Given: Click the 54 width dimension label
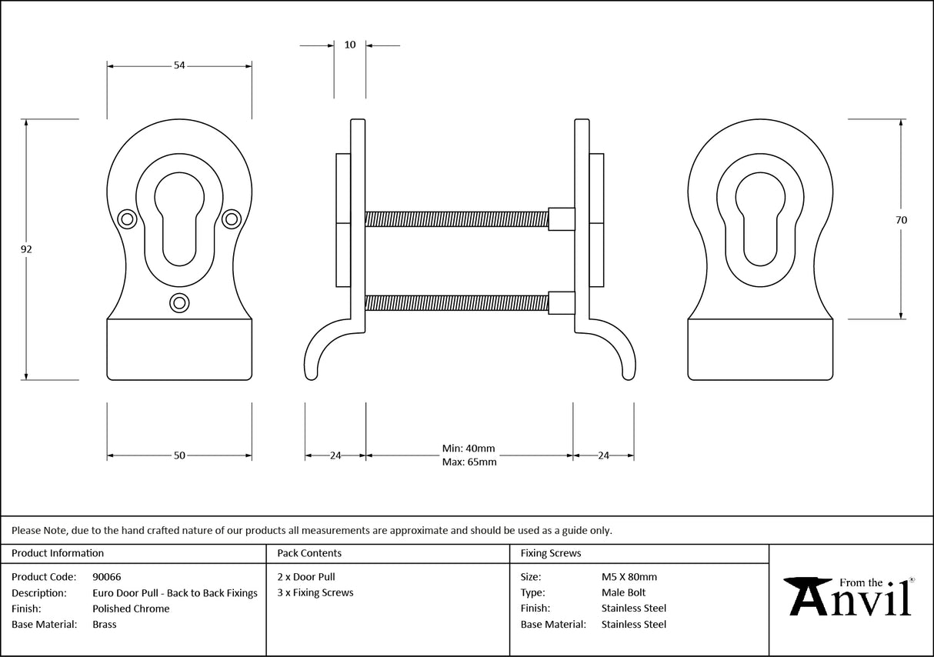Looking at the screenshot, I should coord(179,66).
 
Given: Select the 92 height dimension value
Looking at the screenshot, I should coord(27,249).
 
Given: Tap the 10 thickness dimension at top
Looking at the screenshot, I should coord(350,45).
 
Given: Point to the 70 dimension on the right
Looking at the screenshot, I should coord(901,220).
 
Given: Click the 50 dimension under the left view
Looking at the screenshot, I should coord(179,455).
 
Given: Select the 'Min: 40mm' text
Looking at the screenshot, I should coord(469,449).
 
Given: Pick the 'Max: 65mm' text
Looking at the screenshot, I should coord(469,462).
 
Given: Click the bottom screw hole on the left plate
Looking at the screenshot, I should coord(179,303).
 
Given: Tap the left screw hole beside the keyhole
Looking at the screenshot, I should coord(127,220).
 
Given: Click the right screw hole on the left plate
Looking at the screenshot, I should coord(231,220).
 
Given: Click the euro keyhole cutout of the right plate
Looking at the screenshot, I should coord(759,220).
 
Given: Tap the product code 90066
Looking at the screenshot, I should coord(106,577).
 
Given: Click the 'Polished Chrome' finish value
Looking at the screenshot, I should coord(131,609).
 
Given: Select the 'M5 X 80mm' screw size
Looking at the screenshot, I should coord(629,577).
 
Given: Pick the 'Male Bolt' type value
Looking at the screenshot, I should coord(623,592).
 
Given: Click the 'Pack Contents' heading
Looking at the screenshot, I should coord(309,553).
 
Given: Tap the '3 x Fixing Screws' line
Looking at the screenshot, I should coord(315,592).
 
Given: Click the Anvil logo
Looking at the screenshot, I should coord(849,595).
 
